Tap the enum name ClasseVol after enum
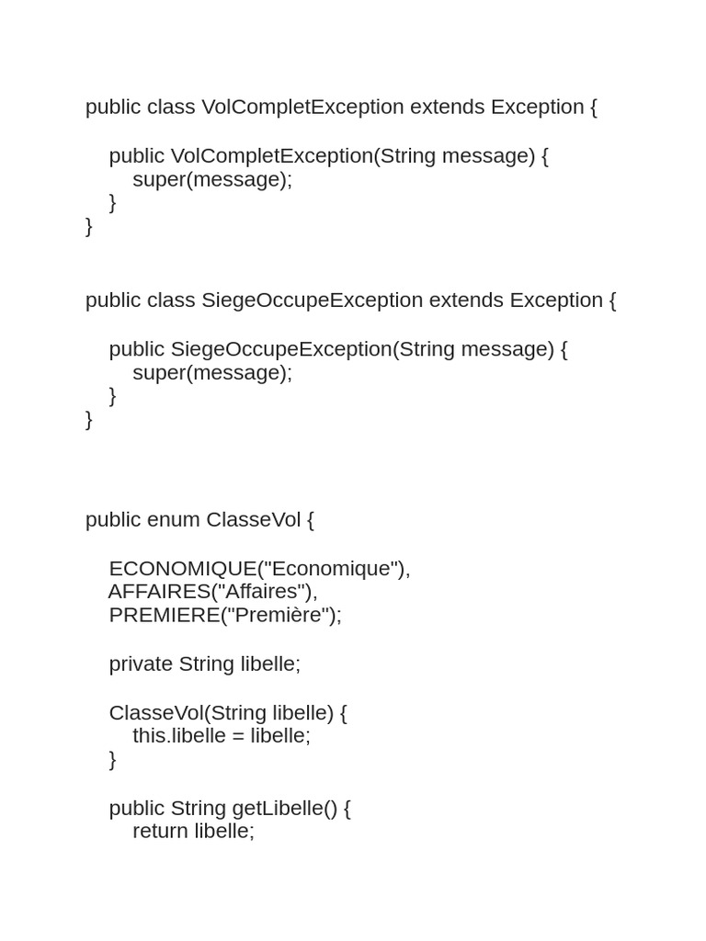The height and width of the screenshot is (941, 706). (253, 520)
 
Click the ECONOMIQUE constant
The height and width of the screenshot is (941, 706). (182, 569)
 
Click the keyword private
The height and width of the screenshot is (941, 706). (141, 664)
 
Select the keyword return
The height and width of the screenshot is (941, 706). (161, 832)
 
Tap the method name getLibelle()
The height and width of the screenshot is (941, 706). (285, 809)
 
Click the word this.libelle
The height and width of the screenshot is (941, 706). (179, 736)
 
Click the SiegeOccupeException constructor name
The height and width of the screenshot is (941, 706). (281, 349)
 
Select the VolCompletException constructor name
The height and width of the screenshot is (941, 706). (271, 156)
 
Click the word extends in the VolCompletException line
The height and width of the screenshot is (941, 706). (447, 108)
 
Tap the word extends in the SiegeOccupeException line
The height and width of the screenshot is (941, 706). (466, 300)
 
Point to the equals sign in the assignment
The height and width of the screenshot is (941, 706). (238, 736)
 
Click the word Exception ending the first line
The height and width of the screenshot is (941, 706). (537, 108)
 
